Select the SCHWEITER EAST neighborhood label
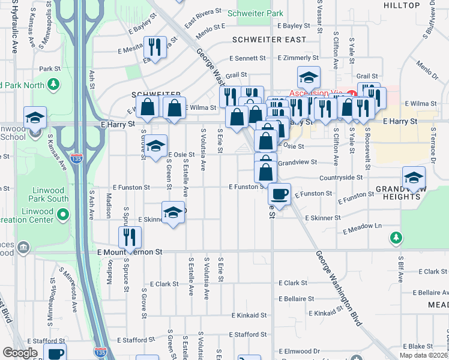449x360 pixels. click(x=269, y=40)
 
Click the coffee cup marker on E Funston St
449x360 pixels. click(x=279, y=194)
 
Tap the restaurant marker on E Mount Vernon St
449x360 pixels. click(x=130, y=238)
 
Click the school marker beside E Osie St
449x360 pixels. click(x=155, y=147)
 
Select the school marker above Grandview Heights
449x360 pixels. click(x=414, y=178)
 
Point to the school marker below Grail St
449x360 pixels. click(x=309, y=77)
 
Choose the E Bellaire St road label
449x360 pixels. click(x=297, y=298)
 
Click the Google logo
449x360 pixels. click(x=20, y=353)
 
